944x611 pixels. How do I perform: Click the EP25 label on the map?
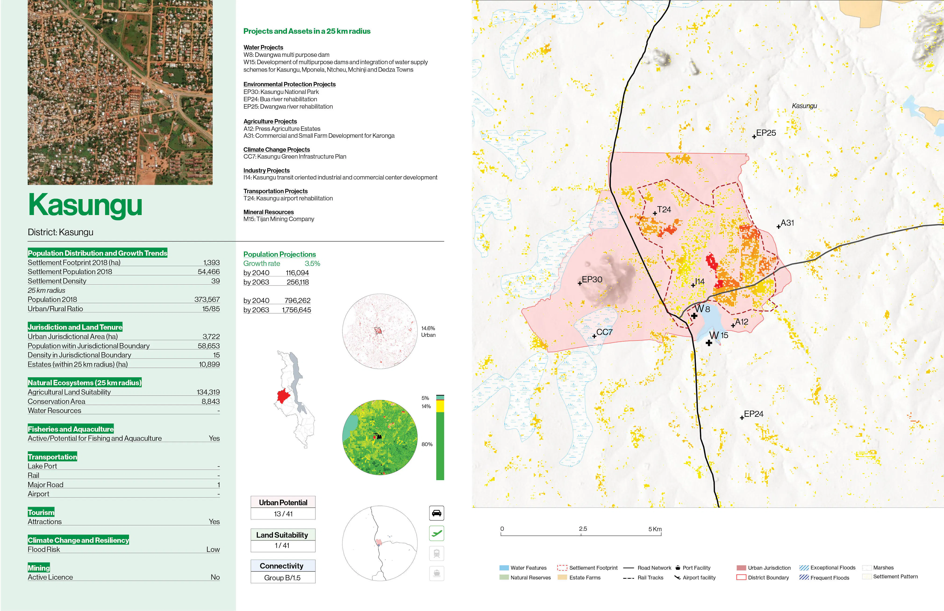pos(765,133)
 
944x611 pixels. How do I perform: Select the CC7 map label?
pos(604,332)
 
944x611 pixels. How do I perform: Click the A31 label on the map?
pos(787,223)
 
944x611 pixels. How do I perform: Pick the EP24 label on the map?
pos(753,414)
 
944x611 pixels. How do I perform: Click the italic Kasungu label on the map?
pos(804,106)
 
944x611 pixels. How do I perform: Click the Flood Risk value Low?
pos(213,550)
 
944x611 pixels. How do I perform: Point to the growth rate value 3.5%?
pos(312,263)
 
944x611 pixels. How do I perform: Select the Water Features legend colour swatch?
pos(504,568)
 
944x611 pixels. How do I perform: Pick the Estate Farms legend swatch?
pos(562,578)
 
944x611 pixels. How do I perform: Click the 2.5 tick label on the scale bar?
pos(583,529)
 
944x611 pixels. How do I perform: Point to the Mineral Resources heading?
pos(268,212)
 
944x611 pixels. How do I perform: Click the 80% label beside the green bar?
pos(427,444)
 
